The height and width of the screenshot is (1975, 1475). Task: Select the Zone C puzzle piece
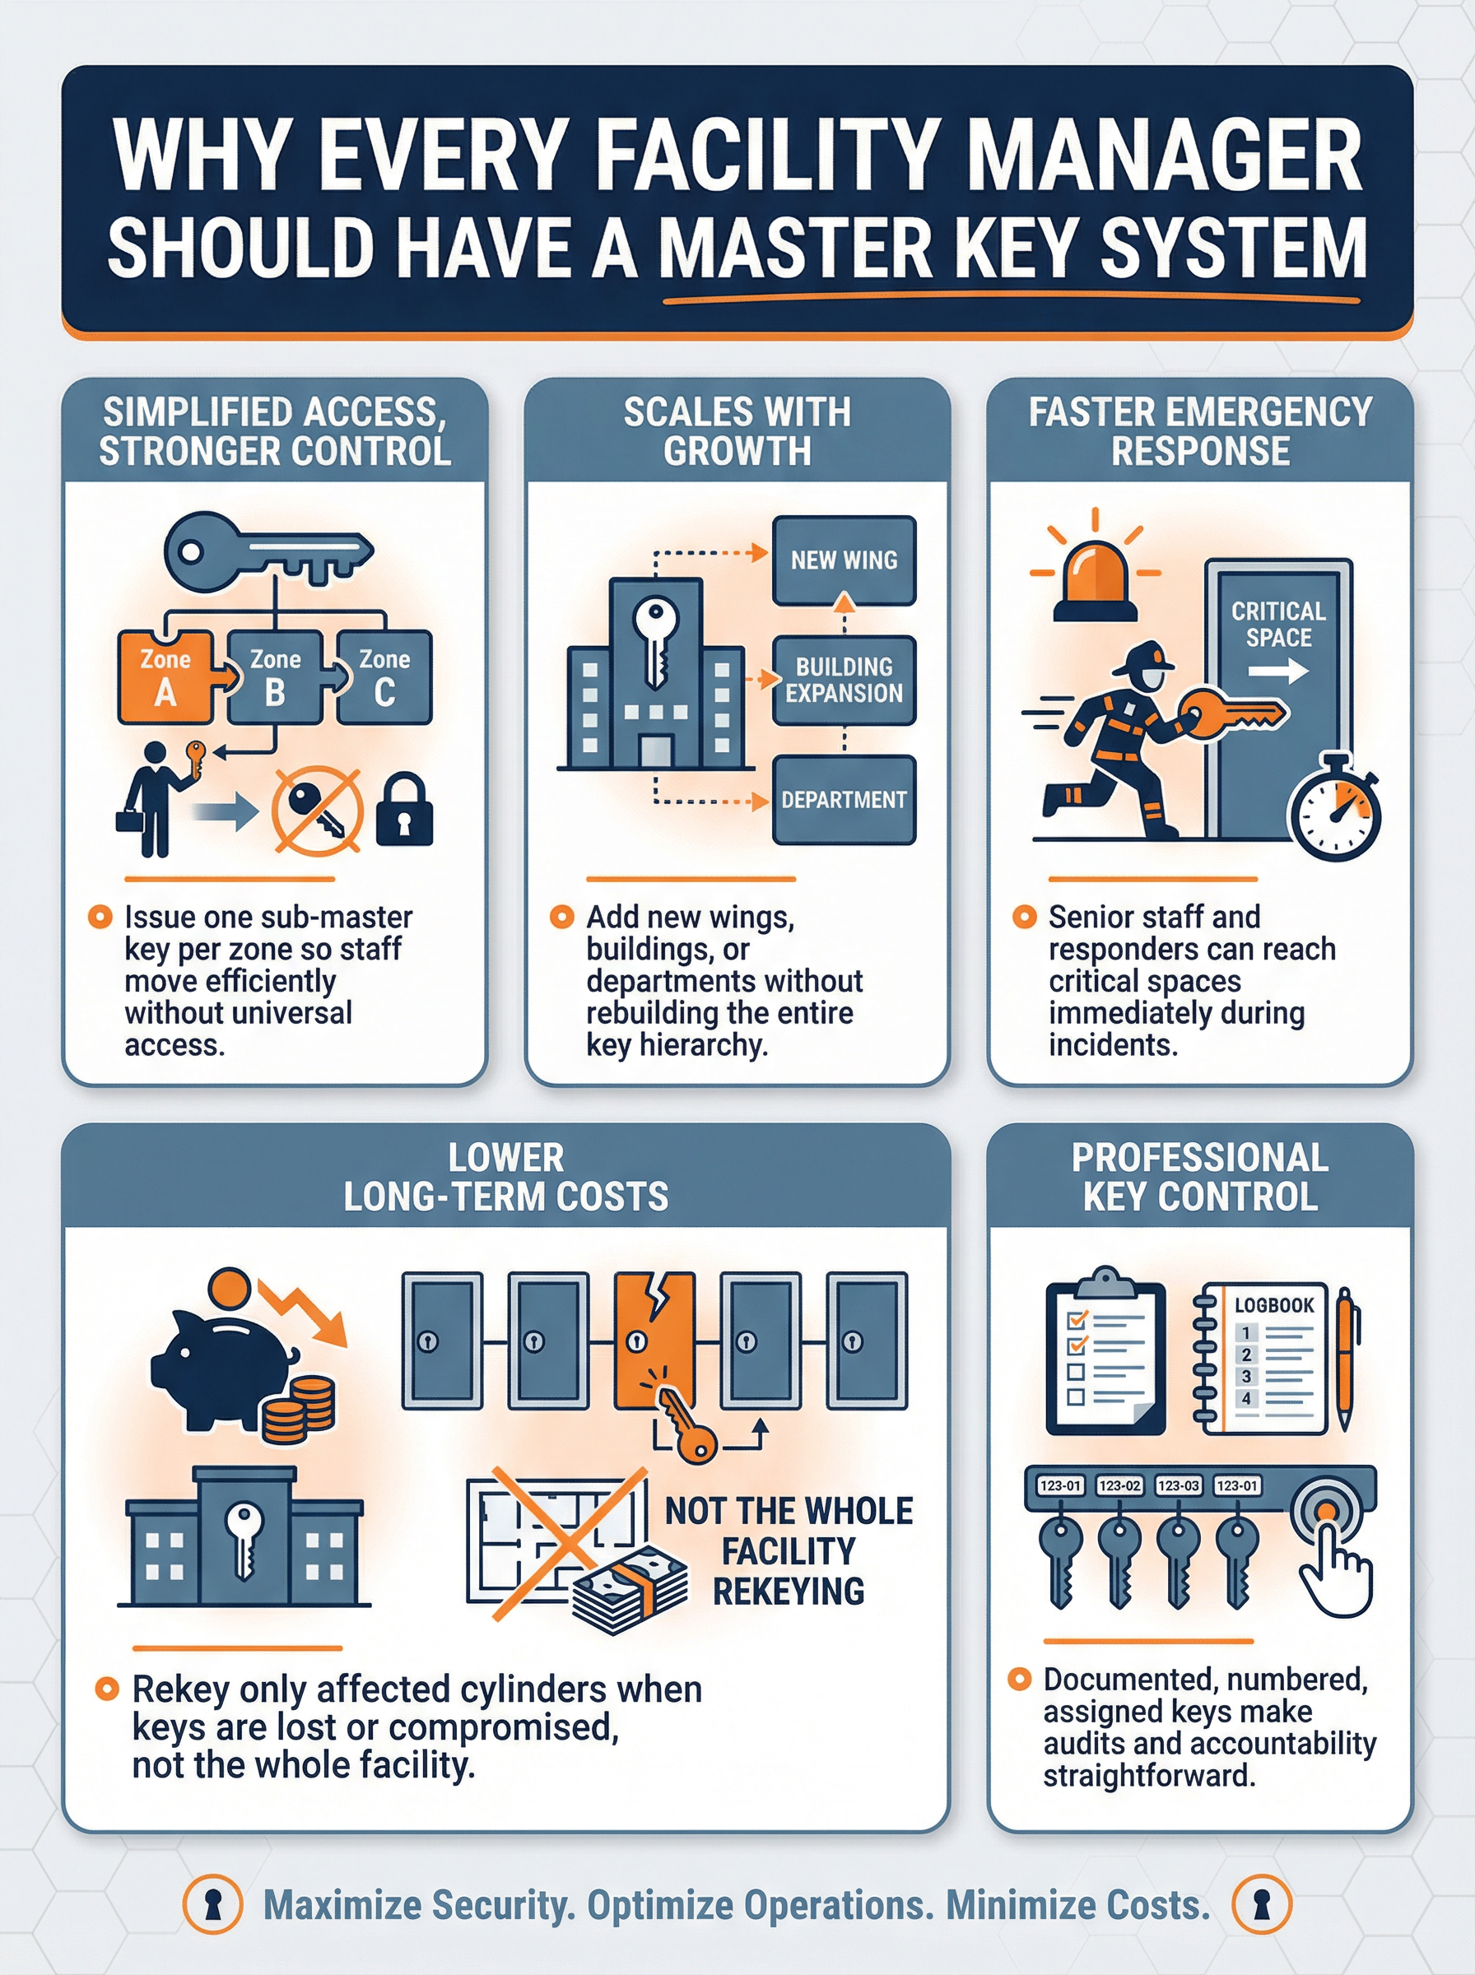(x=384, y=676)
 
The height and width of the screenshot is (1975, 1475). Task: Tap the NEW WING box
(x=844, y=560)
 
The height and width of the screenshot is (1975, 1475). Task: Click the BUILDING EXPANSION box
(x=844, y=680)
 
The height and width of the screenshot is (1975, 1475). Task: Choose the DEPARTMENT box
(x=844, y=800)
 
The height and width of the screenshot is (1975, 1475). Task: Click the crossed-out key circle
(x=317, y=811)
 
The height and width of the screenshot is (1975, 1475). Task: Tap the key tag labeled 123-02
(x=1119, y=1486)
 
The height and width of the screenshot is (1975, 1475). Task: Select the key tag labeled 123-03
(x=1178, y=1486)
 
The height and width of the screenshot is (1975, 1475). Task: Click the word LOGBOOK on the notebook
(x=1274, y=1305)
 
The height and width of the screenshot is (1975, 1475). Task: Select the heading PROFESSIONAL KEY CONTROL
(x=1200, y=1177)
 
